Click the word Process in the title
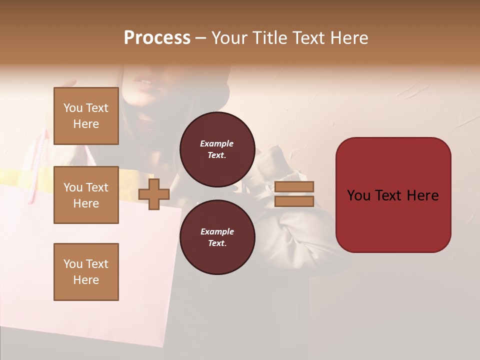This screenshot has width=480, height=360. (157, 38)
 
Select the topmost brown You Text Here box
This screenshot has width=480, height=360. (86, 116)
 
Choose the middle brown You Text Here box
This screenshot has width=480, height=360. (86, 195)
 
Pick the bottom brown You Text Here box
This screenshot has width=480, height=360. (86, 272)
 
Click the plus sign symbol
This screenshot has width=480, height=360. (154, 193)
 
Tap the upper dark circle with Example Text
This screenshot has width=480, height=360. (217, 149)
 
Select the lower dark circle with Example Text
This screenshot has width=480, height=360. (217, 237)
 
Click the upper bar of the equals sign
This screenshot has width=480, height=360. (294, 186)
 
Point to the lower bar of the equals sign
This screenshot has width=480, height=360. (294, 201)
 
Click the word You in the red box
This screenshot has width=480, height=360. (358, 195)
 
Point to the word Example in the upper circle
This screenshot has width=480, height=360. (216, 143)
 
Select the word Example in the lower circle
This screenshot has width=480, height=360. (217, 231)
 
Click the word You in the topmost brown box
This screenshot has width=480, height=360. (73, 108)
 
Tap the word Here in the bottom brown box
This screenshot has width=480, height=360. (86, 280)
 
